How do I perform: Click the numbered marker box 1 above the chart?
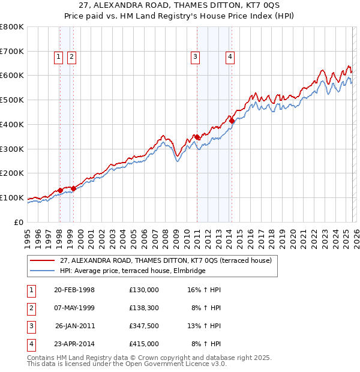59,57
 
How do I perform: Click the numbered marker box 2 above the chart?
71,57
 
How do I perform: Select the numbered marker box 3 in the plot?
196,57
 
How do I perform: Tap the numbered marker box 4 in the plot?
230,57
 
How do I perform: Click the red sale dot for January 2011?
197,137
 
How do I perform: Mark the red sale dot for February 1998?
60,190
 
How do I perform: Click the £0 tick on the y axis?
18,222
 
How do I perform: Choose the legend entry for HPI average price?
132,271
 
